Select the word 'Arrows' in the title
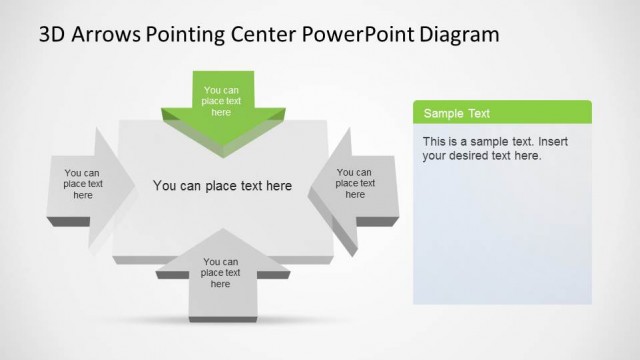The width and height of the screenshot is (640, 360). tap(106, 36)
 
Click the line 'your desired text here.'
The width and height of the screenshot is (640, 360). tap(482, 156)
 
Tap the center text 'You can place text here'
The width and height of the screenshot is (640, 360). tap(222, 186)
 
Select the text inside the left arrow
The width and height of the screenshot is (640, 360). tap(83, 184)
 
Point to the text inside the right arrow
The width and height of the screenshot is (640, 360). tap(355, 183)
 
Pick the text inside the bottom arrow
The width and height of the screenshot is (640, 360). tap(221, 273)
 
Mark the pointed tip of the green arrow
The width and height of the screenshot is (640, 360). tap(222, 154)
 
